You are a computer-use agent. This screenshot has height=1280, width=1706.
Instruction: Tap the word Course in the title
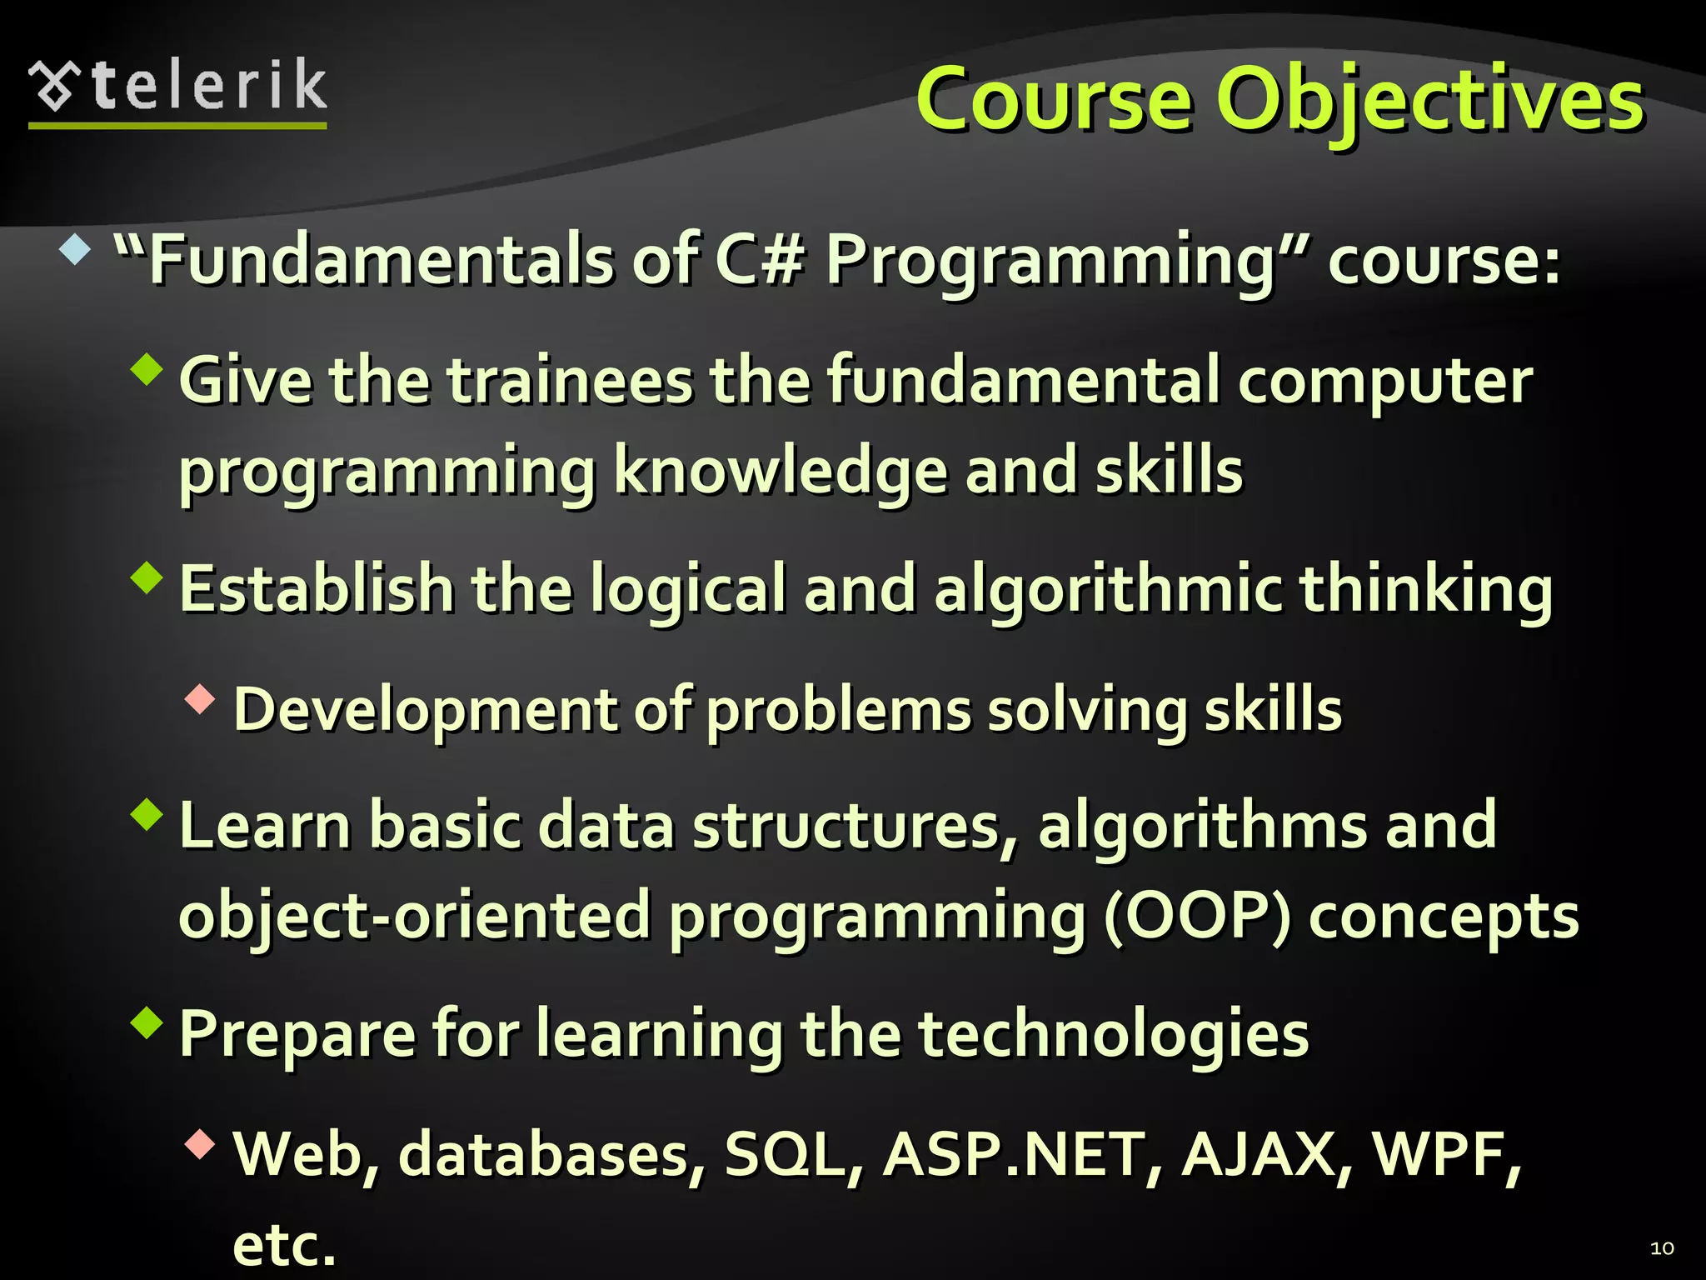click(1054, 102)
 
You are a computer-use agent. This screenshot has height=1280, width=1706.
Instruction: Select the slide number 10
click(1661, 1248)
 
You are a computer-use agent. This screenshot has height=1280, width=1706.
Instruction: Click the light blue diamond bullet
click(75, 249)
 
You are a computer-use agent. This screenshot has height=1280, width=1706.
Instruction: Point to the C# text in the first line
click(759, 260)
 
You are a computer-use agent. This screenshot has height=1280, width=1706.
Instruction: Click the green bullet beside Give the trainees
click(147, 368)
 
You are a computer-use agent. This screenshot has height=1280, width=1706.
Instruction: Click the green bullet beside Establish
click(147, 577)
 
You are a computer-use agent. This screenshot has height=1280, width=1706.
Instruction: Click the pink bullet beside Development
click(200, 699)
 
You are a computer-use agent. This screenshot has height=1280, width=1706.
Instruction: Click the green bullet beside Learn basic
click(147, 814)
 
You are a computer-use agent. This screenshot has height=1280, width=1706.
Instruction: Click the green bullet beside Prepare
click(147, 1022)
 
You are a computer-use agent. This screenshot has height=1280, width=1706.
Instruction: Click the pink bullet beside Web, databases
click(200, 1144)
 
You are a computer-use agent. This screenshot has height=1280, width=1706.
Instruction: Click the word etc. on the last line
click(284, 1245)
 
